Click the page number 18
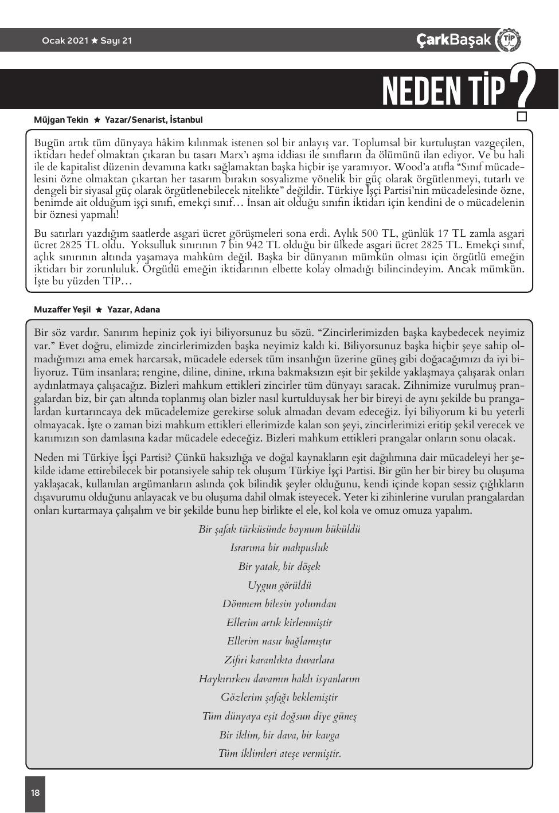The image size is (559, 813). coord(35,793)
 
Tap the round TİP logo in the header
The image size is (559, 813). coord(508,40)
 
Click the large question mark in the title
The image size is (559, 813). coord(522,86)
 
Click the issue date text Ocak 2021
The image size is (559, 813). coord(65,41)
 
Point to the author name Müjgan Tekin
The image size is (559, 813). coord(61,120)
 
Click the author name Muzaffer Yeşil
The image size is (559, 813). coord(62,310)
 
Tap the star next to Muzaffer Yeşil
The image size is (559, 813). coord(99,310)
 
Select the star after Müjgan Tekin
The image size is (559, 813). coord(97,120)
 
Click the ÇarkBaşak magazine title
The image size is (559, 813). coord(454,40)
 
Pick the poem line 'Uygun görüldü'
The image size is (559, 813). coord(279,585)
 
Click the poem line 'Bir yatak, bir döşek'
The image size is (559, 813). coord(279,566)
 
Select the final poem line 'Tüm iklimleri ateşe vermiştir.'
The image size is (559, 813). coord(279,753)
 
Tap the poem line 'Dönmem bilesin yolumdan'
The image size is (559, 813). coord(279,604)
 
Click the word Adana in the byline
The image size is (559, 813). coord(147,310)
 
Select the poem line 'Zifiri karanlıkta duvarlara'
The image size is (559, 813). coord(279,660)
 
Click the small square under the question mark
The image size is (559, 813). coord(522,117)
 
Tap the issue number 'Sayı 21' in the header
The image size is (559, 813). coord(116,41)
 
